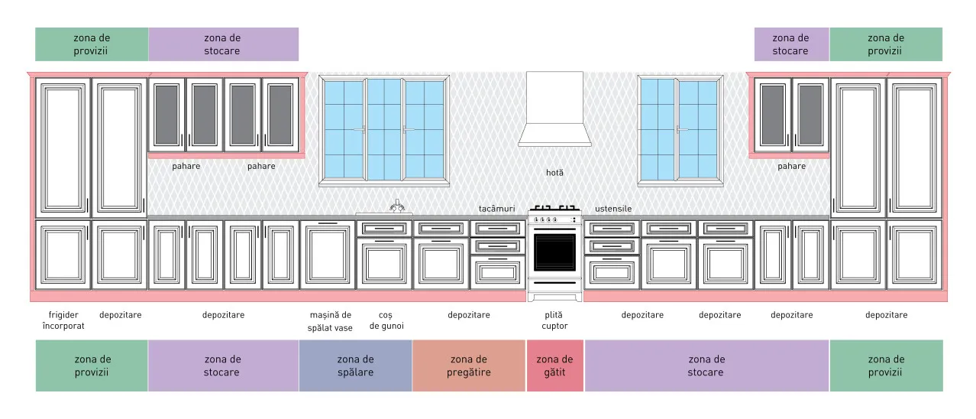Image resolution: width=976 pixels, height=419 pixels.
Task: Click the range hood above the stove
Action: click(554, 109)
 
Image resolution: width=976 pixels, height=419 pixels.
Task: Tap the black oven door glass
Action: click(554, 252)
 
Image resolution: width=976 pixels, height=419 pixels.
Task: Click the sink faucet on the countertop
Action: click(397, 206)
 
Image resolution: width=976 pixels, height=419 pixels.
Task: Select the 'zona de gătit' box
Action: click(554, 365)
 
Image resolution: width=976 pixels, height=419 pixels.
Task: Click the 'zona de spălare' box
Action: click(356, 365)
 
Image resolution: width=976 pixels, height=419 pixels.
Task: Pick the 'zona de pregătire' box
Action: click(469, 365)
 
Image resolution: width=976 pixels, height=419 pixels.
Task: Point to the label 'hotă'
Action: click(554, 173)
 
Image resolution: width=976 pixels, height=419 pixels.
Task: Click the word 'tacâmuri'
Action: click(496, 209)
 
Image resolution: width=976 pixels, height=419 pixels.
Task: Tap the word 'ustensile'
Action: click(613, 209)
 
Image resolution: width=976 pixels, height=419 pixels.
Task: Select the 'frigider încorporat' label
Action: click(63, 320)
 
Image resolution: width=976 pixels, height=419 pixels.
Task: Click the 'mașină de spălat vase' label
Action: click(330, 321)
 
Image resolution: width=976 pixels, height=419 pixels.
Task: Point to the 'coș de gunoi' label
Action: click(386, 320)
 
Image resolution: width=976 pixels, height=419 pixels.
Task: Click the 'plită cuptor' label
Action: click(554, 320)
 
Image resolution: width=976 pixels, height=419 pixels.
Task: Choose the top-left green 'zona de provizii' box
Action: click(92, 44)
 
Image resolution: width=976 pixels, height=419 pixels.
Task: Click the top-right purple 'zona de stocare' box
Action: click(791, 44)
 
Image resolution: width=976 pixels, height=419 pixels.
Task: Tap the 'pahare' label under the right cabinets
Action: click(791, 166)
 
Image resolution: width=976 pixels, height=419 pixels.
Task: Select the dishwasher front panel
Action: click(328, 255)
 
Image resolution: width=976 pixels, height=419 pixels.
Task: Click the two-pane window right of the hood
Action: click(680, 131)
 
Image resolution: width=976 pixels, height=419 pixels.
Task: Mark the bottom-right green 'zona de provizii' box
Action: click(886, 365)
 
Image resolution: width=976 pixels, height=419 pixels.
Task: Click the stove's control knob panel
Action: click(554, 219)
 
